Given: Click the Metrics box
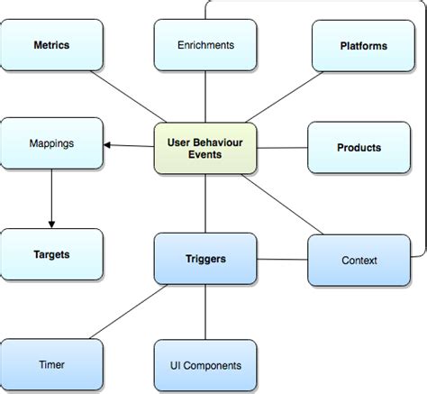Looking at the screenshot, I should [x=50, y=44].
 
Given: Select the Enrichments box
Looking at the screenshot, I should [x=206, y=44].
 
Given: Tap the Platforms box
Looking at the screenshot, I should [x=364, y=44].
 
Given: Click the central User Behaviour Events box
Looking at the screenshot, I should [x=206, y=147].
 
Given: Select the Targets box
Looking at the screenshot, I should [x=50, y=255].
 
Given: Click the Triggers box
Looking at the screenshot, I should [x=206, y=259].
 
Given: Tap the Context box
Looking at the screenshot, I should [x=359, y=261].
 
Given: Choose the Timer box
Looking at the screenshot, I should [x=50, y=365].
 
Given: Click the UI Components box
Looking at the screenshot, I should [x=206, y=365].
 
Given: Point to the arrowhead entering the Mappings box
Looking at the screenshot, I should [x=106, y=144].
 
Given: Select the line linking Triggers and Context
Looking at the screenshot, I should [x=282, y=260].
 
